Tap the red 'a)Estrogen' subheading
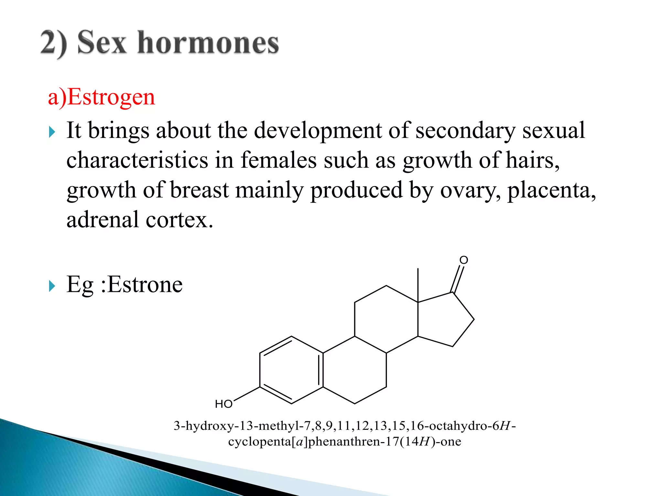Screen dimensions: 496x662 pyautogui.click(x=101, y=97)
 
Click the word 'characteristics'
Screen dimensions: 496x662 pyautogui.click(x=137, y=160)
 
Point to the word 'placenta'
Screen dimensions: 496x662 pyautogui.click(x=551, y=190)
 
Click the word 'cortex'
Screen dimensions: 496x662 pyautogui.click(x=179, y=220)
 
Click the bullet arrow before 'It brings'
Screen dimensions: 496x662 pyautogui.click(x=52, y=132)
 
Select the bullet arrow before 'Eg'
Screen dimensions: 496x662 pyautogui.click(x=52, y=286)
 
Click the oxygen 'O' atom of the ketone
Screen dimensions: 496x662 pyautogui.click(x=464, y=260)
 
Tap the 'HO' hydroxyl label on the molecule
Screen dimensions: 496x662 pyautogui.click(x=224, y=404)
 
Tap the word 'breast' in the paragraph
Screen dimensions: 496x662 pyautogui.click(x=199, y=190)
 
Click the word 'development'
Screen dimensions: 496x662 pyautogui.click(x=318, y=130)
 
